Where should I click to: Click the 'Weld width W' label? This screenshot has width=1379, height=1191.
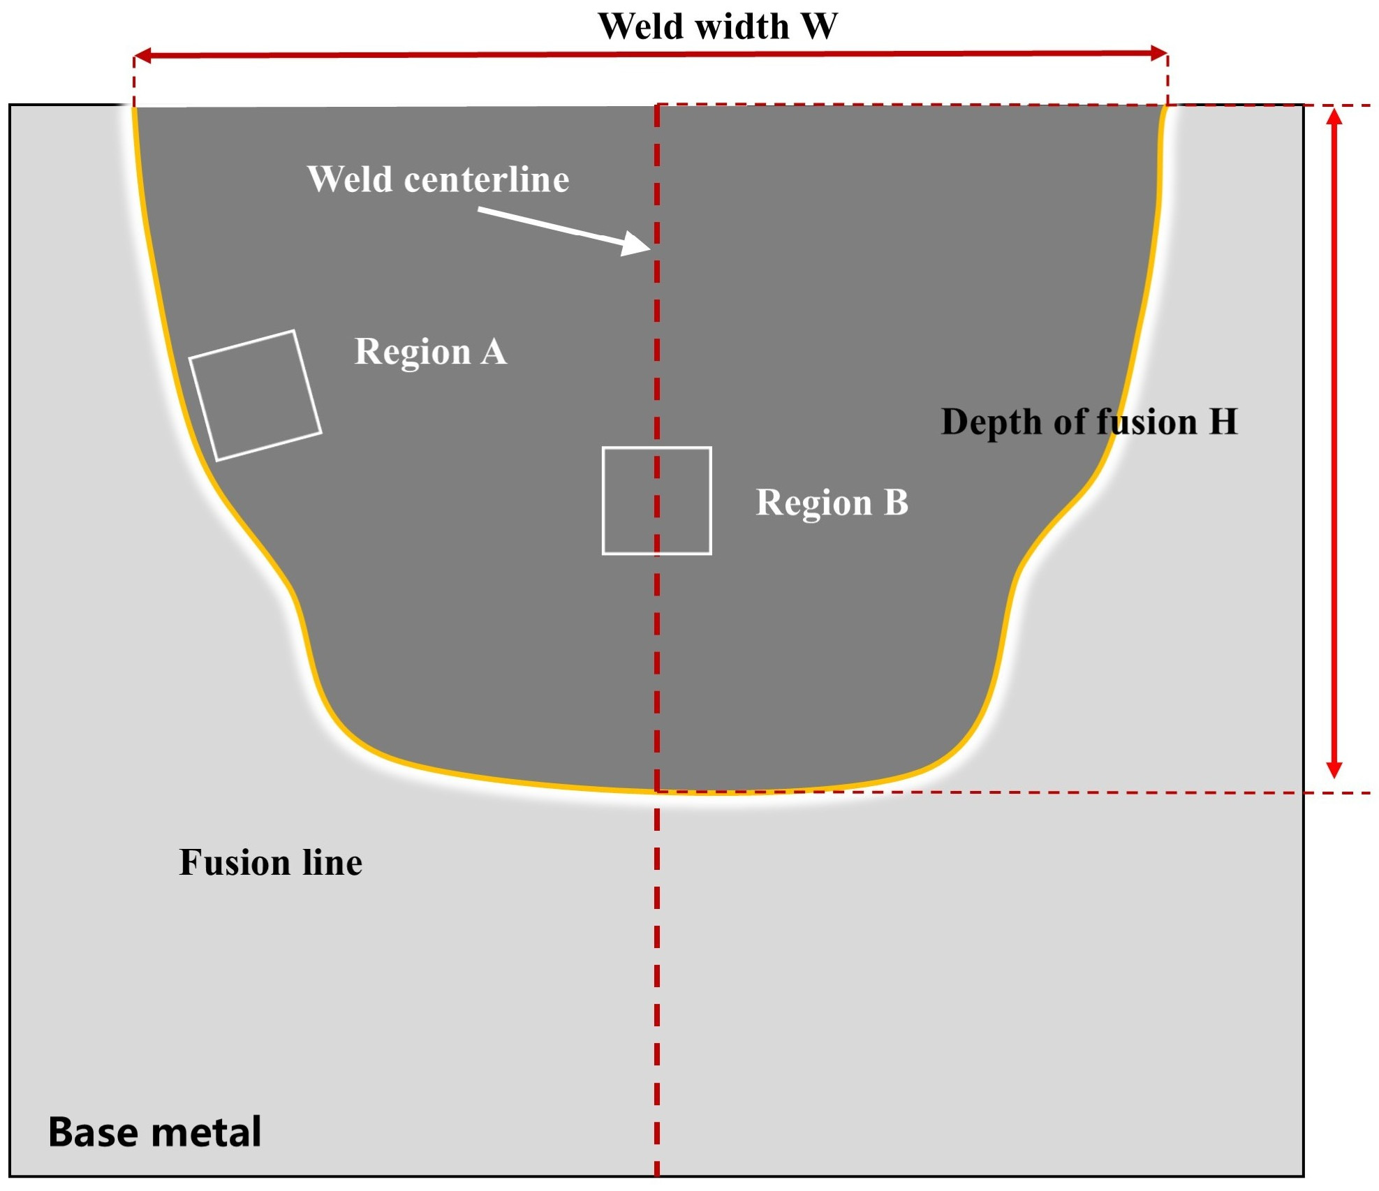tap(717, 27)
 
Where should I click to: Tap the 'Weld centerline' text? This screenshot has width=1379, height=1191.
tap(438, 179)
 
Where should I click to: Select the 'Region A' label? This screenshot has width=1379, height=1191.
tap(430, 351)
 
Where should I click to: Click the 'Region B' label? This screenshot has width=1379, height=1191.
tap(832, 503)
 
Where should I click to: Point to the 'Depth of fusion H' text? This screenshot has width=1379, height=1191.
tap(1089, 422)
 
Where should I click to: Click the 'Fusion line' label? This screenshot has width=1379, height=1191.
tap(270, 863)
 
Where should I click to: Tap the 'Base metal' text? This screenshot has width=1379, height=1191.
tap(154, 1132)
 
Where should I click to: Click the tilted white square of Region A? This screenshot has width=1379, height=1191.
tap(255, 395)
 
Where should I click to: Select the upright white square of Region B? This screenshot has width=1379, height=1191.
tap(656, 501)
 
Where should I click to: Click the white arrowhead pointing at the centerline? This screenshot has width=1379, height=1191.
tap(637, 244)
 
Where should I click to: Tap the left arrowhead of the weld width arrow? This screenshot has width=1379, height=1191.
tap(142, 55)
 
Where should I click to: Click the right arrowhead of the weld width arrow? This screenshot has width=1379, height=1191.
tap(1159, 53)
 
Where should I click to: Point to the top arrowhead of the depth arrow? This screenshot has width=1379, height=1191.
tap(1334, 117)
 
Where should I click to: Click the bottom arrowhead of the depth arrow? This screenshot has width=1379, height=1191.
tap(1334, 769)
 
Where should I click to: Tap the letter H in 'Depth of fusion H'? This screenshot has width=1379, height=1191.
tap(1223, 422)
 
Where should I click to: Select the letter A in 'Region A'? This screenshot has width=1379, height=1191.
tap(493, 351)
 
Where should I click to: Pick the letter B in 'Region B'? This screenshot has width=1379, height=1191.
tap(896, 503)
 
